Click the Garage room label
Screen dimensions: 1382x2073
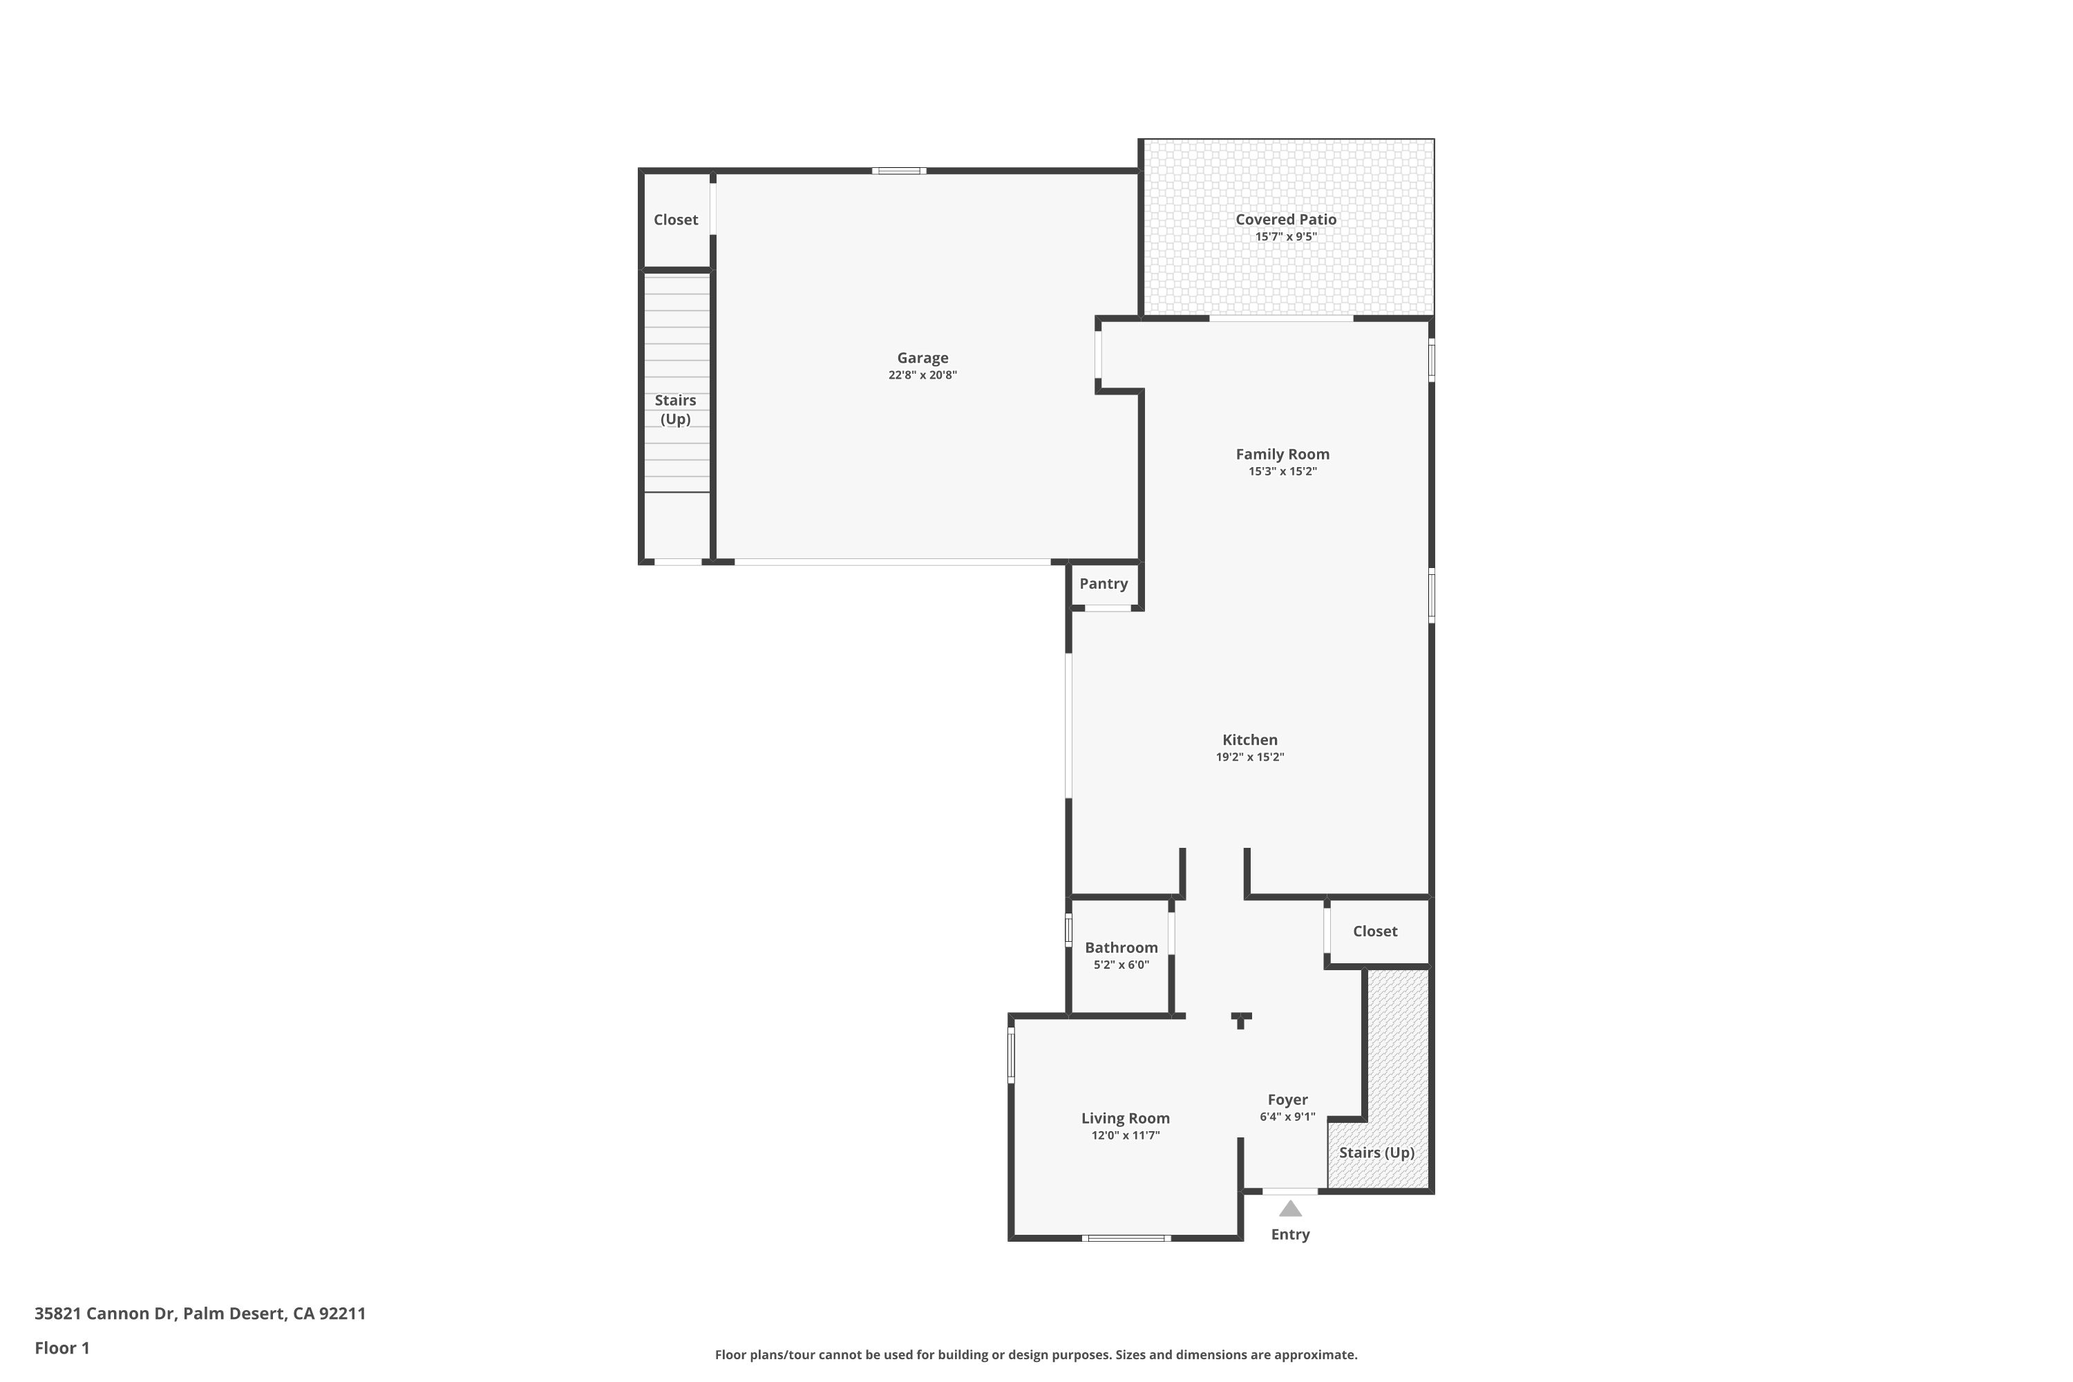[x=922, y=358]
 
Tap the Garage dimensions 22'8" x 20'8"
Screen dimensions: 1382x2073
[x=922, y=375]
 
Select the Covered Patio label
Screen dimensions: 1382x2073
[x=1285, y=220]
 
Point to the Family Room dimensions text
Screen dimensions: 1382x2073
[x=1282, y=471]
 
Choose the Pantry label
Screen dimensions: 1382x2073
[x=1103, y=583]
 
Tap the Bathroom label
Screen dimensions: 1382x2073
[x=1120, y=947]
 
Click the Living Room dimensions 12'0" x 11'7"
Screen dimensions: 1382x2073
[x=1125, y=1135]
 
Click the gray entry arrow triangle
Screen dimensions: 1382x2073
[x=1289, y=1209]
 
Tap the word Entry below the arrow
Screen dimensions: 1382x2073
[x=1289, y=1235]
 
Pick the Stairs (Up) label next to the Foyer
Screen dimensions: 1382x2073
[x=1376, y=1153]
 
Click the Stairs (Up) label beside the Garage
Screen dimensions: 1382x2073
[x=675, y=410]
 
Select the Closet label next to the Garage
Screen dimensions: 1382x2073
[x=675, y=220]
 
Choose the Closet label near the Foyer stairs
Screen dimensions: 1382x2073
[x=1374, y=931]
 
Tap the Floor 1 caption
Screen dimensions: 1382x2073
[x=61, y=1347]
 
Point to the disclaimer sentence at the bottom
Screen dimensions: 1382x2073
[x=1036, y=1354]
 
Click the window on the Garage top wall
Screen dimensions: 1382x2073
[x=898, y=171]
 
